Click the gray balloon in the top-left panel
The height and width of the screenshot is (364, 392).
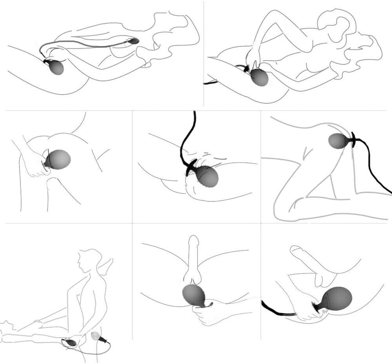(x=56, y=68)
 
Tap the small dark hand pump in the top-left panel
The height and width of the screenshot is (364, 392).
(x=133, y=41)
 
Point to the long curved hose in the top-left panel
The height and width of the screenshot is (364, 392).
(x=86, y=45)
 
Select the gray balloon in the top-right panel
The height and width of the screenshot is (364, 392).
(x=260, y=77)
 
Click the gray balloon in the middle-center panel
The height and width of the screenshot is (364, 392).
(x=207, y=176)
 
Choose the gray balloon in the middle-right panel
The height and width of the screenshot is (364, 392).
(x=338, y=141)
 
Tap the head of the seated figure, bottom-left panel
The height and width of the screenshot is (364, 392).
(x=87, y=261)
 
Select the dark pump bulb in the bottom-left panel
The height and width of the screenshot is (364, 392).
(x=71, y=342)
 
